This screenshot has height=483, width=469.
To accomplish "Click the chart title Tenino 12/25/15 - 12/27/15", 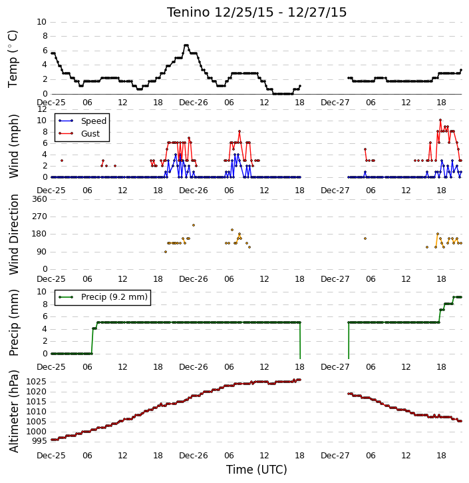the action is click(257, 12).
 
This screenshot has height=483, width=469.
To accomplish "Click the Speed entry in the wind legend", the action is click(94, 121).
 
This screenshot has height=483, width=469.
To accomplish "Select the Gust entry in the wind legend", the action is click(90, 134).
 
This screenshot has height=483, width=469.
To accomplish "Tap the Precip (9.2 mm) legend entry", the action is click(114, 297).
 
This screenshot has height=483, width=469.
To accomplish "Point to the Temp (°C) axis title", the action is click(13, 59).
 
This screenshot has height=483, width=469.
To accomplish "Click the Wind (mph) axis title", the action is click(13, 147).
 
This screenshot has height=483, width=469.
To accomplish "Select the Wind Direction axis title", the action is click(13, 235).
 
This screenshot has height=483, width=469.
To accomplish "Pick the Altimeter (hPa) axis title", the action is click(13, 411).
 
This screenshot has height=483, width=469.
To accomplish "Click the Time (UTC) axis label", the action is click(257, 470).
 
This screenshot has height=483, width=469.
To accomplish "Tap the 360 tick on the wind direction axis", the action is click(40, 199).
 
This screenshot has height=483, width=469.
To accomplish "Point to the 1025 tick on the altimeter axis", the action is click(37, 382).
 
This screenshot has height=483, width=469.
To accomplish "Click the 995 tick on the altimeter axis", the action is click(39, 441).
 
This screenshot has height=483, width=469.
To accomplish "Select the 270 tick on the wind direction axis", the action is click(40, 217).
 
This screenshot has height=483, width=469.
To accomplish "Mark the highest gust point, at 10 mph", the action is click(440, 120).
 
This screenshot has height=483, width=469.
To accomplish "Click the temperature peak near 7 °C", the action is click(186, 45).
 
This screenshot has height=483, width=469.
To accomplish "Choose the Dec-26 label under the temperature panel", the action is click(194, 103).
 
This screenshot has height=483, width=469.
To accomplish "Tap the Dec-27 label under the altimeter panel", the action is click(335, 455).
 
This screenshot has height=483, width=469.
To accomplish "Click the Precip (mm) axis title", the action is click(13, 322).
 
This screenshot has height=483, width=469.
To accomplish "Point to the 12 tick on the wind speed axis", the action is click(42, 109).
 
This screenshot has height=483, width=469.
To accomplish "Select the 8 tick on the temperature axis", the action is click(45, 36).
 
